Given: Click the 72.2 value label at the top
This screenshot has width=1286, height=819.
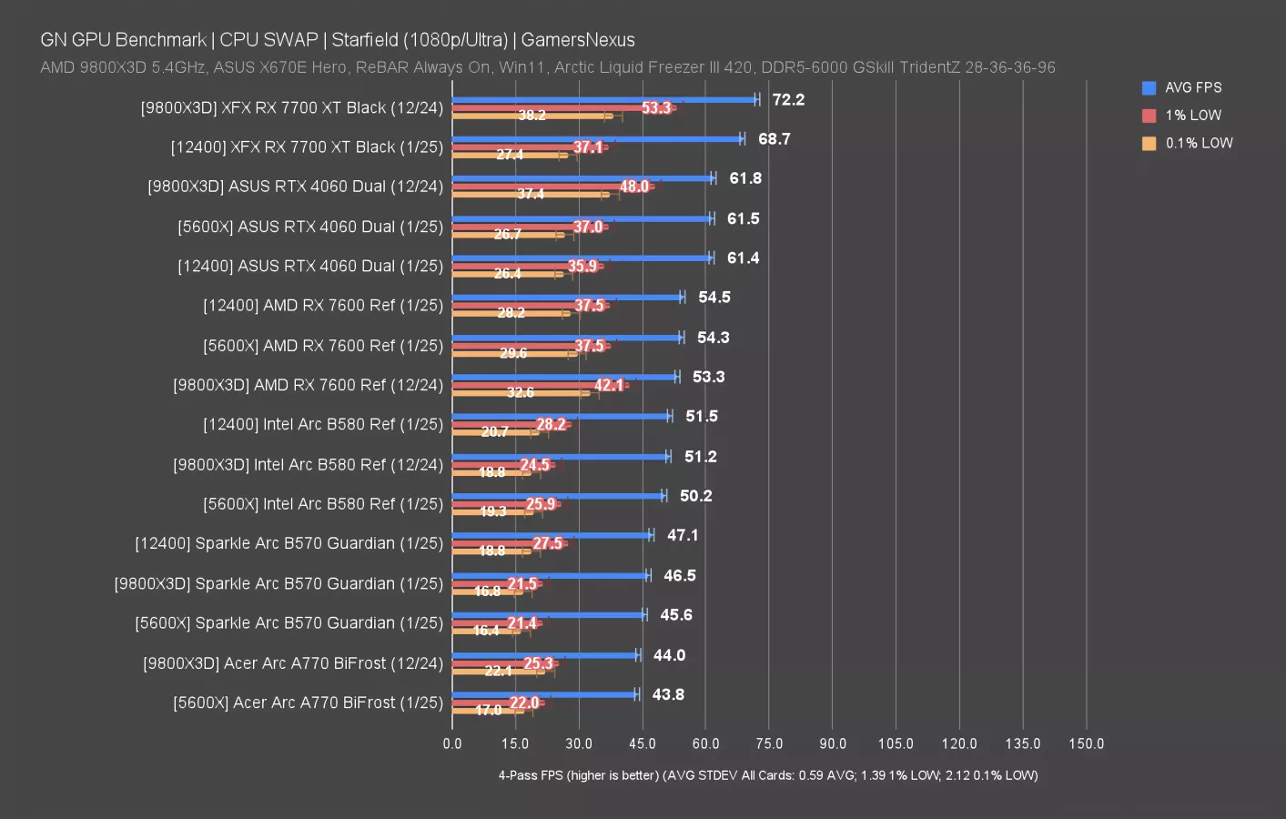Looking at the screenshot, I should pyautogui.click(x=788, y=100).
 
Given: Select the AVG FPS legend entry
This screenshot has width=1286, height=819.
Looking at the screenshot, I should pyautogui.click(x=1192, y=87).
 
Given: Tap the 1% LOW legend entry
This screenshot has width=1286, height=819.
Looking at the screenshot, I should pyautogui.click(x=1192, y=116).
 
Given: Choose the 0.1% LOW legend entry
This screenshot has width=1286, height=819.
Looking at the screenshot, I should pyautogui.click(x=1198, y=143).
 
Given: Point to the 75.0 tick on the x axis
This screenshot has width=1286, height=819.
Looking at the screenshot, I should pyautogui.click(x=769, y=743).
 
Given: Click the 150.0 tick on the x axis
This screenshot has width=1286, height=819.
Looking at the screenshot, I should pyautogui.click(x=1086, y=743).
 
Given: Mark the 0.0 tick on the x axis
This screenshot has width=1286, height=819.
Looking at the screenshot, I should pyautogui.click(x=452, y=743).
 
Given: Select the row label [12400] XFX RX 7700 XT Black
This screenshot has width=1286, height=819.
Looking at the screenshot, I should pyautogui.click(x=307, y=147).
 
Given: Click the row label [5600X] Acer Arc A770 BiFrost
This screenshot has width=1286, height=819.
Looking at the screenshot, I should pyautogui.click(x=308, y=703).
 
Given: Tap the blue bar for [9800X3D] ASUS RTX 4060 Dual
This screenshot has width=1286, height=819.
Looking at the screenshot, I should pyautogui.click(x=582, y=178).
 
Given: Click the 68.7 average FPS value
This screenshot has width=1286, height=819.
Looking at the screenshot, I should pyautogui.click(x=774, y=139).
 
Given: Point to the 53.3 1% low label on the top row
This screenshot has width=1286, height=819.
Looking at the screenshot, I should pyautogui.click(x=656, y=108).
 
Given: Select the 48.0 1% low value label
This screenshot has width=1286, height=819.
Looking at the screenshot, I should pyautogui.click(x=634, y=187).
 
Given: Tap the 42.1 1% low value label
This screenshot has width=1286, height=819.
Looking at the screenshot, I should pyautogui.click(x=609, y=385).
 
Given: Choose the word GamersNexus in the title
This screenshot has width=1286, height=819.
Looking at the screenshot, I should pyautogui.click(x=578, y=40).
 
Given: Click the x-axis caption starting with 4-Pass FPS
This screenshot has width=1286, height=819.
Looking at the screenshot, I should pyautogui.click(x=767, y=775).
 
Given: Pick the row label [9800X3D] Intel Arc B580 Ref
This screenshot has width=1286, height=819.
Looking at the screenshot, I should pyautogui.click(x=308, y=465).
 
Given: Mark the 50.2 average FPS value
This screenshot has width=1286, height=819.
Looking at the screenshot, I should pyautogui.click(x=695, y=496).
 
